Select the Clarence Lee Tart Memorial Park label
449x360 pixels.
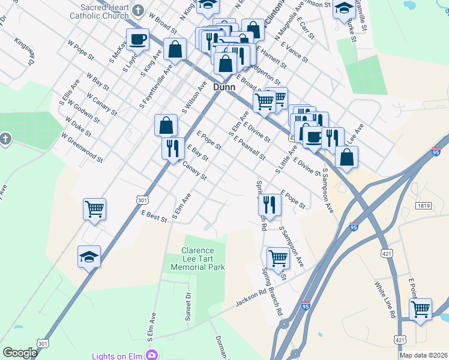pyautogui.click(x=197, y=259)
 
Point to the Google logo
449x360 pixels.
pyautogui.click(x=20, y=353)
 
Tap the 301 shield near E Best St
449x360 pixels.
pyautogui.click(x=142, y=199)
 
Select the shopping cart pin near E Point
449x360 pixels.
pyautogui.click(x=421, y=310)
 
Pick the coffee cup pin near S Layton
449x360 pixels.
pyautogui.click(x=137, y=40)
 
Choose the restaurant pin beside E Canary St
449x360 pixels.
pyautogui.click(x=173, y=148)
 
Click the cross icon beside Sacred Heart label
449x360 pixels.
pyautogui.click(x=139, y=10)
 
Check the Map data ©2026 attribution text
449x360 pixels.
pyautogui.click(x=423, y=355)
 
